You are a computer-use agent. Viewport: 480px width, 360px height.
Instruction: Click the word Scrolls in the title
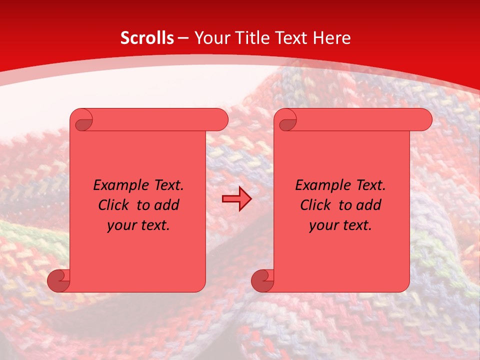(147, 38)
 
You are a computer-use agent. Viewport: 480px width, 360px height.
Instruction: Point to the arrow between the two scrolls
(236, 199)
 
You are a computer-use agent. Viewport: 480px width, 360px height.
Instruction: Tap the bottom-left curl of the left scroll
(58, 280)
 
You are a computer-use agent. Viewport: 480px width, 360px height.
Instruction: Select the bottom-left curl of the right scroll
(262, 280)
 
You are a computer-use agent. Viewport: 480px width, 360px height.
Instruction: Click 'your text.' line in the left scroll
(138, 225)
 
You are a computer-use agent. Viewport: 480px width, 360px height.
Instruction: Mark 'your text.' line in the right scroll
(340, 225)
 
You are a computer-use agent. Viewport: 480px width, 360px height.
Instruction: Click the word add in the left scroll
(167, 205)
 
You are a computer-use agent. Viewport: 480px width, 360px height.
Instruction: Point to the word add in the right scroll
(369, 205)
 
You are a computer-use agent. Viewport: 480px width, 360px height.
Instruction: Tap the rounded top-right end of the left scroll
(220, 120)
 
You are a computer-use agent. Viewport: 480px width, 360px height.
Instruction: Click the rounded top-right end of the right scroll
(424, 120)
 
